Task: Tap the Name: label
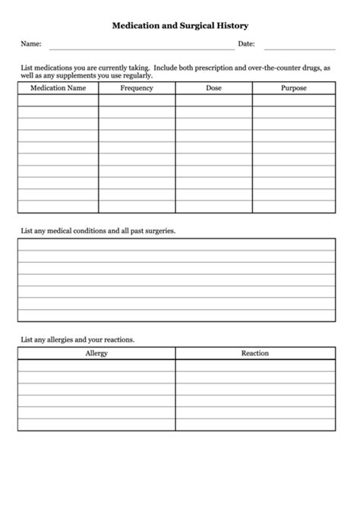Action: (30, 44)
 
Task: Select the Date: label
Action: (246, 44)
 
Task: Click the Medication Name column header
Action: (58, 88)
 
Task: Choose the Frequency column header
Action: (137, 88)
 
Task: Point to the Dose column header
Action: (214, 88)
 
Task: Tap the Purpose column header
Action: (294, 88)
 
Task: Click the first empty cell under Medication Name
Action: (58, 100)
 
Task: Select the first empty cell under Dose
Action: (214, 100)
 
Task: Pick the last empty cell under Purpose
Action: (294, 207)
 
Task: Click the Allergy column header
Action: (96, 353)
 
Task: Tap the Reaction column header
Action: (255, 353)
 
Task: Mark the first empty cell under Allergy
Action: (96, 365)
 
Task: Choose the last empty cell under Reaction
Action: (255, 424)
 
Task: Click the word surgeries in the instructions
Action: (159, 230)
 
